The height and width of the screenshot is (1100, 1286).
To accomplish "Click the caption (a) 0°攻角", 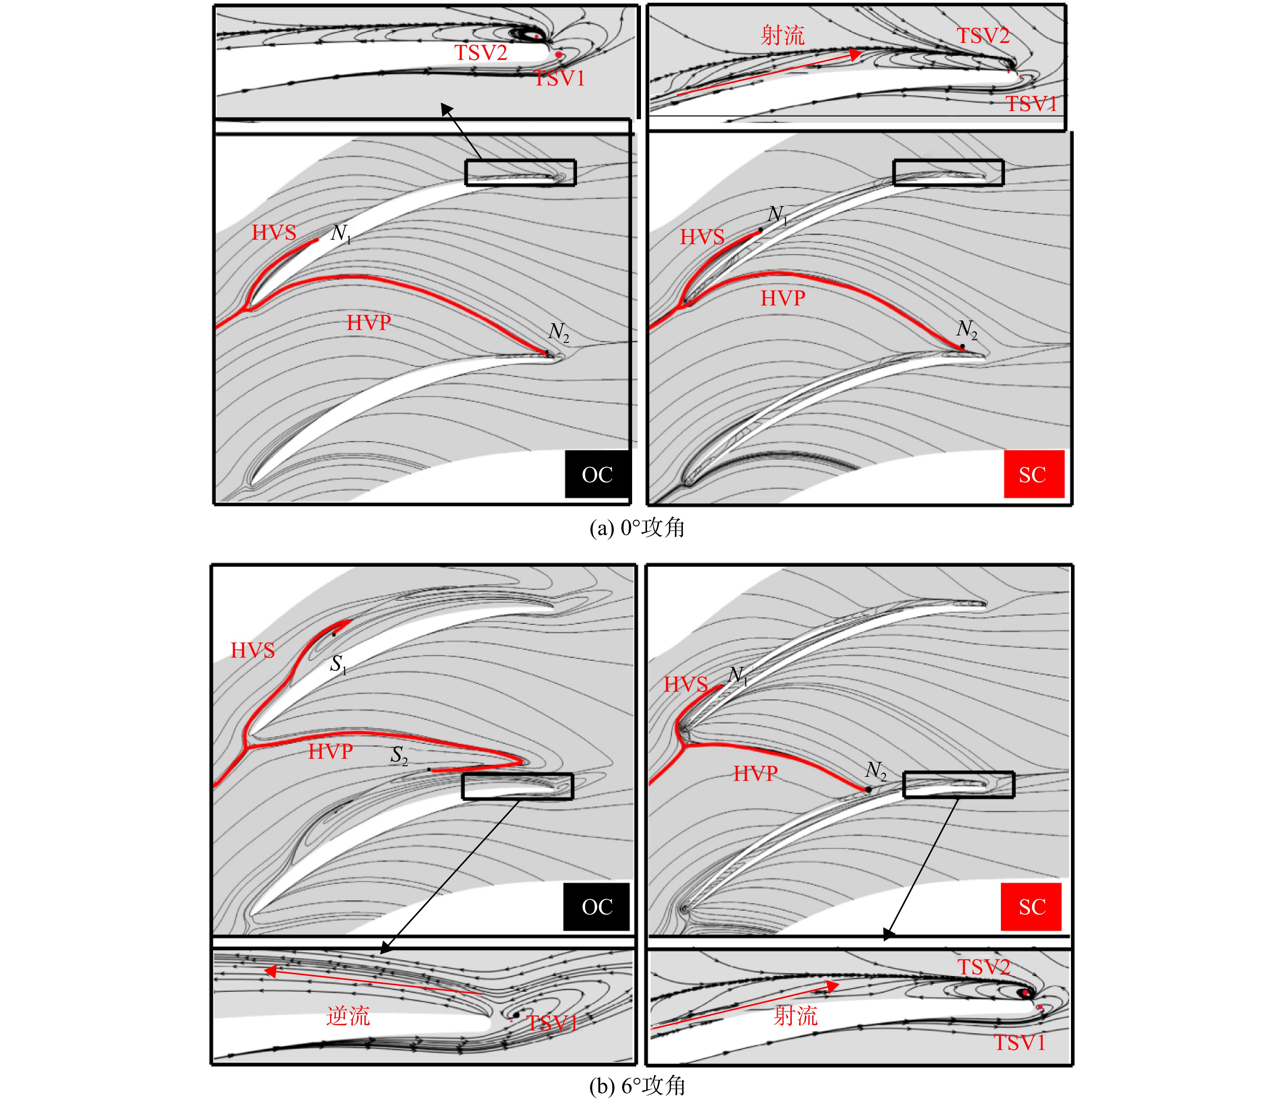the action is point(637,528).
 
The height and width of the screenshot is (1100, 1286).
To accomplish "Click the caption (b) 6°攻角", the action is point(637,1086).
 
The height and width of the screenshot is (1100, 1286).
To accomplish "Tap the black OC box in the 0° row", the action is point(597,474).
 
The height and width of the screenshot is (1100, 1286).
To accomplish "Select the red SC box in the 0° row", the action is point(1034,474).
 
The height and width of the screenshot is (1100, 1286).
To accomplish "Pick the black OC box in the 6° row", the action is point(596,907).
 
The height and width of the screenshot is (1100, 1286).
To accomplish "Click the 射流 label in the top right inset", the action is point(782,35).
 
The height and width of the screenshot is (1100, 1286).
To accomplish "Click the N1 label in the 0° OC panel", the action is point(341,234).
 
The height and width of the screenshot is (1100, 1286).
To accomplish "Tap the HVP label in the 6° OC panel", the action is point(330,752).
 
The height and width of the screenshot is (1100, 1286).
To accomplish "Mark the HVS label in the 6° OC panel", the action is point(252,650).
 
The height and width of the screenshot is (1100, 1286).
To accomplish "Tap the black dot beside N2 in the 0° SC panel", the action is point(963,346).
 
